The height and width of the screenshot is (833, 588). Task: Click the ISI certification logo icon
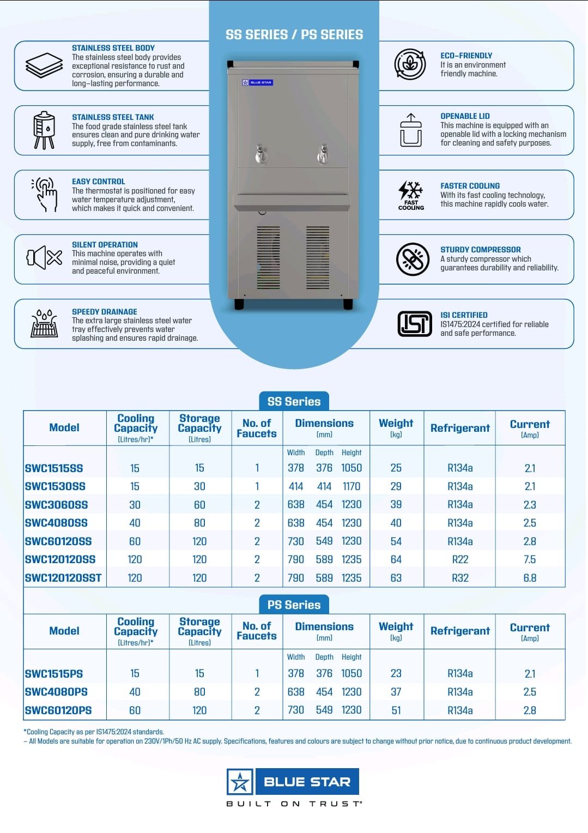coord(415,324)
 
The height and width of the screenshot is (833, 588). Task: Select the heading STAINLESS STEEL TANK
coord(113,117)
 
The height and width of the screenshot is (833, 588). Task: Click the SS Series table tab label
coord(294,401)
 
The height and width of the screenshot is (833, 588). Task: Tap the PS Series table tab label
coord(294,605)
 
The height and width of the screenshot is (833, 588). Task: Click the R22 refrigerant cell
coord(460,559)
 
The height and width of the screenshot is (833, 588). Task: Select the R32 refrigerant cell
coord(460,578)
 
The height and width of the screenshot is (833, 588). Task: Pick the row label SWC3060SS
coord(56,505)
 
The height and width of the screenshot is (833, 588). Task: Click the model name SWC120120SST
coord(63,578)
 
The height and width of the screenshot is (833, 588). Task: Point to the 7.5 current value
coord(530,559)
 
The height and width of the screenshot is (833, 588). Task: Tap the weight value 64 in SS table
coord(396,559)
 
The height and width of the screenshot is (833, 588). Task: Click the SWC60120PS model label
coord(58,710)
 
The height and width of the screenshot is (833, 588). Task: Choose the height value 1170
coord(351,486)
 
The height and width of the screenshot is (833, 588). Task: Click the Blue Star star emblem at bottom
coord(240,782)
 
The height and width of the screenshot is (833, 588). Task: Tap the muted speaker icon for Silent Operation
coord(44,258)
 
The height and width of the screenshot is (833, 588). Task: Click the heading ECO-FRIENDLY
coord(466,56)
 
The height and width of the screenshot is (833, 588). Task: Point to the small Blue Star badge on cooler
coord(257,83)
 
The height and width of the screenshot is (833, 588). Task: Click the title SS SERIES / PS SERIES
coord(294,35)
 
